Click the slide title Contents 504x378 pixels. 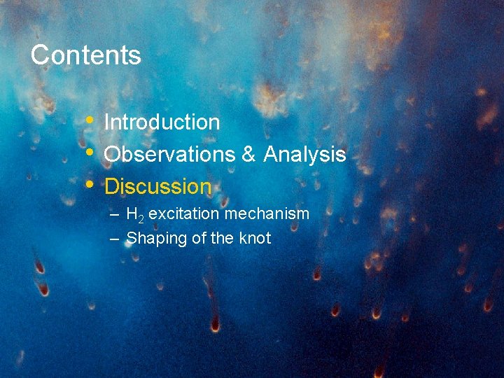tap(85, 55)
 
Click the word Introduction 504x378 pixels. tap(162, 122)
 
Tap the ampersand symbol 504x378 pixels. tap(249, 155)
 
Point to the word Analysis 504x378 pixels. tap(304, 155)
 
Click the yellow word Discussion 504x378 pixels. tap(157, 187)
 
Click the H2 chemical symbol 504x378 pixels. tap(134, 214)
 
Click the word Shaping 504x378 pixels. tap(156, 239)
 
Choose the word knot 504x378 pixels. tap(255, 238)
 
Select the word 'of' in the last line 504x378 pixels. tap(199, 238)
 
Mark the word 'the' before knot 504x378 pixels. tap(222, 238)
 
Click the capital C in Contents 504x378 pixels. tap(39, 55)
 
